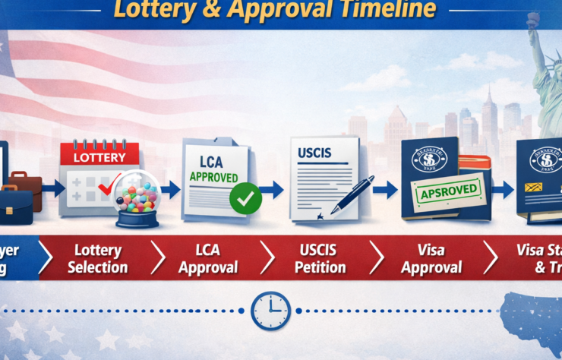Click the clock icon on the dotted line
click(x=270, y=310)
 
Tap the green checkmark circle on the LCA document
click(x=245, y=198)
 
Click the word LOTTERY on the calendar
click(x=99, y=157)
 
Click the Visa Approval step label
click(x=431, y=258)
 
